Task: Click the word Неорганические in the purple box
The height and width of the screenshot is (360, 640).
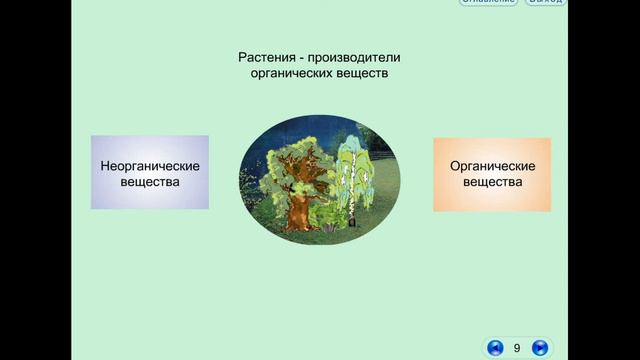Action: [150, 165]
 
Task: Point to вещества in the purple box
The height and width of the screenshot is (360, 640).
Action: [150, 182]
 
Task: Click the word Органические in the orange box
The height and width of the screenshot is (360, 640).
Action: [492, 166]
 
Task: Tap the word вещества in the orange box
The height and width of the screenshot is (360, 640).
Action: [492, 183]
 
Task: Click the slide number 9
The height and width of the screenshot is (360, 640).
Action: [517, 348]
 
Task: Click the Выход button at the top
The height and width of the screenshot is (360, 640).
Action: [545, 2]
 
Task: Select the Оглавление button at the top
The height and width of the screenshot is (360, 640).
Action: [488, 2]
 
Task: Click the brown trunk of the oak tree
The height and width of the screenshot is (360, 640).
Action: [300, 210]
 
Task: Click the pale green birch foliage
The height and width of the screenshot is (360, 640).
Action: [355, 160]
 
